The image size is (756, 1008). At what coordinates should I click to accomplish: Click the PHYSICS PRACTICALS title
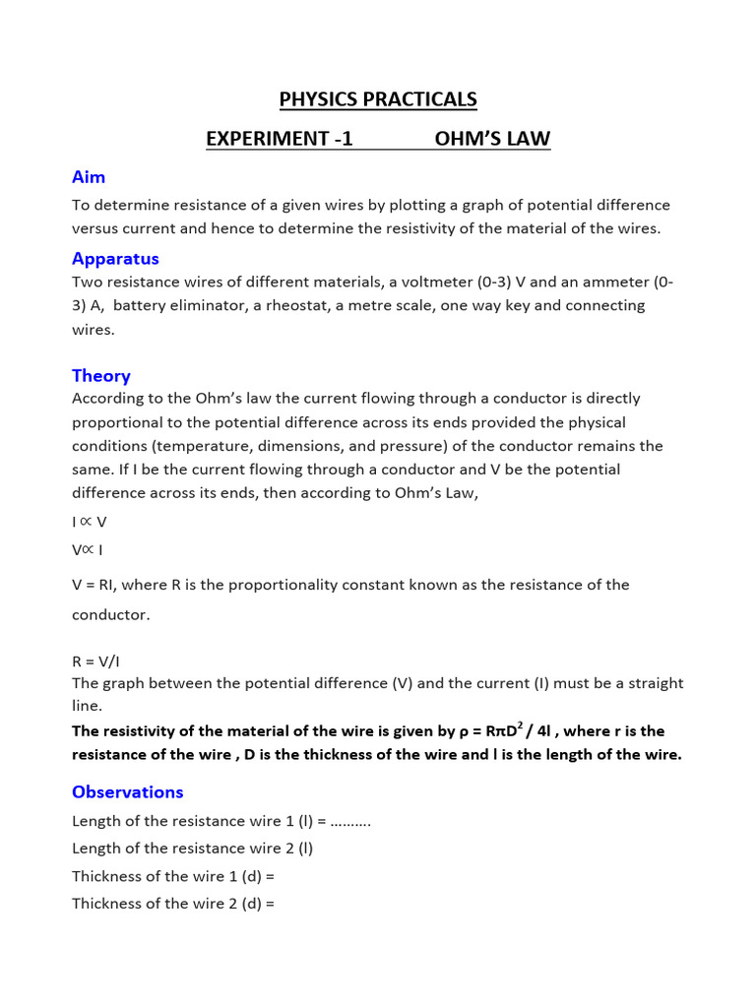tap(378, 99)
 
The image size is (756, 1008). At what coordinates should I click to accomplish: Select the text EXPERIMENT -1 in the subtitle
tap(279, 139)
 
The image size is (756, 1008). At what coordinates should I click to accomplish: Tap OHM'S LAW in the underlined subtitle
tap(492, 139)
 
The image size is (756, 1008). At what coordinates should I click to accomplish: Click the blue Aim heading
tap(89, 177)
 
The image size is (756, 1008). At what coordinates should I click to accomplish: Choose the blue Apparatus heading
tap(115, 259)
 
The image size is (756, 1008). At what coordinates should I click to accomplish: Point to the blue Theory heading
tap(100, 376)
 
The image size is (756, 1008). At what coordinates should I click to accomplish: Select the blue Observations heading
tap(127, 792)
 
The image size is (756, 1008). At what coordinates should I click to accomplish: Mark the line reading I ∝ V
tap(89, 523)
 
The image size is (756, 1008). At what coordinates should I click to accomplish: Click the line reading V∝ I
tap(88, 550)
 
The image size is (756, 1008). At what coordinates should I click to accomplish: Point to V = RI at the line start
tap(94, 585)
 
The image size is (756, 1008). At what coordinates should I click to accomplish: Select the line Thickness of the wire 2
tap(172, 904)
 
